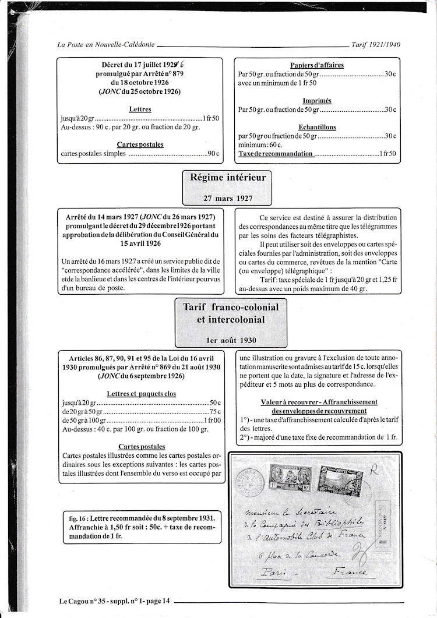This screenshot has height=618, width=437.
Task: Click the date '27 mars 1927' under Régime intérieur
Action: tap(224, 198)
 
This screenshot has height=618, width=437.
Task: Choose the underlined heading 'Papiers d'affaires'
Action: tap(316, 65)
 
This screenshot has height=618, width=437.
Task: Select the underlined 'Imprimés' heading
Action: tap(317, 100)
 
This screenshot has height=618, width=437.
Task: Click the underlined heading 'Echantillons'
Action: tap(317, 127)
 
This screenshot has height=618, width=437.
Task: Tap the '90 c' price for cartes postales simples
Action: tap(213, 154)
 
